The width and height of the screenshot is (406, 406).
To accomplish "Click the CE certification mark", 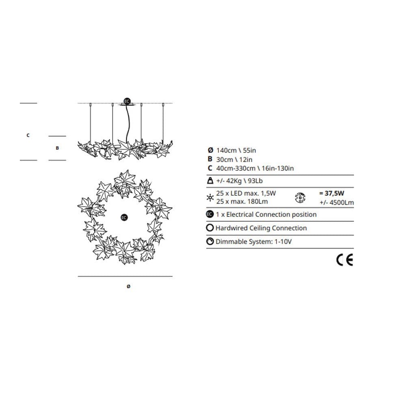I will (345, 259).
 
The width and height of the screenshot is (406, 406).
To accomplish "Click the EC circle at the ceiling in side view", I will (127, 101).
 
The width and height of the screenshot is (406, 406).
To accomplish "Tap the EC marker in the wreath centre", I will (124, 218).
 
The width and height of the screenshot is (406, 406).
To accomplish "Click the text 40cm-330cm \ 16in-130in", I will (255, 168).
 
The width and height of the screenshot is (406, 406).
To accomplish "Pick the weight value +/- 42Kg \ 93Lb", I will (242, 181).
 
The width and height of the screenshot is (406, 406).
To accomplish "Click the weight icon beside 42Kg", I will (210, 181).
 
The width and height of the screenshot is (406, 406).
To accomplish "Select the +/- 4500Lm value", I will (336, 201).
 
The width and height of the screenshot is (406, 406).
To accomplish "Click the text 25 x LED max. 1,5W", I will (246, 194).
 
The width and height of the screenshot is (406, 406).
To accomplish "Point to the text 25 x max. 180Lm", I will (242, 201).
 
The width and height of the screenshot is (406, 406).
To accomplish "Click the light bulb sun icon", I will (210, 198).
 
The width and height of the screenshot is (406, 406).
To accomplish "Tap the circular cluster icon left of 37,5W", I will (300, 198).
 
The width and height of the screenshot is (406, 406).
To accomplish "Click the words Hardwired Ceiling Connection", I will (261, 228).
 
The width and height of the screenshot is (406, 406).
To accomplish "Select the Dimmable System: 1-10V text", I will (254, 242).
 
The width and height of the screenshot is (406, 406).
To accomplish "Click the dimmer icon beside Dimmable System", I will (210, 242).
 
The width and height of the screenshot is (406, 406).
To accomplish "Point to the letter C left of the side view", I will (28, 135).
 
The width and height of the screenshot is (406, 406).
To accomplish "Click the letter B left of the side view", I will (57, 148).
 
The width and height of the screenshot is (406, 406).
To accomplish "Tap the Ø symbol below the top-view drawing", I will (128, 287).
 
